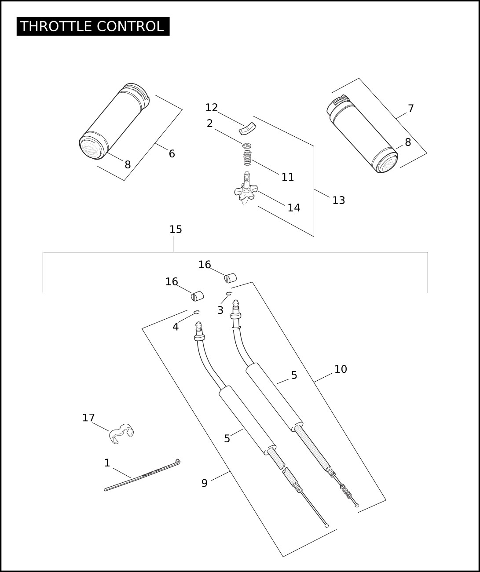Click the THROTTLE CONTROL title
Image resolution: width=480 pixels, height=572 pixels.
[93, 26]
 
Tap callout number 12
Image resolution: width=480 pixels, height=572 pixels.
[212, 108]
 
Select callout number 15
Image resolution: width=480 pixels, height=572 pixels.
[176, 230]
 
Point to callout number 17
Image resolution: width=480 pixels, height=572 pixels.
[88, 418]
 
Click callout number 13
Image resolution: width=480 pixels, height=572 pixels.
[338, 200]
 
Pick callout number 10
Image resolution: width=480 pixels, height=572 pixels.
[341, 369]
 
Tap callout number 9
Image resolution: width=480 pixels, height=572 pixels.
[204, 483]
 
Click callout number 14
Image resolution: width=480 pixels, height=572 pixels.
[293, 208]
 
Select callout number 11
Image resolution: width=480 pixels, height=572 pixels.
[287, 177]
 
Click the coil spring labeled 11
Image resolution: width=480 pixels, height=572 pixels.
[248, 157]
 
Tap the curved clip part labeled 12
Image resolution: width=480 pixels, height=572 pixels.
[248, 129]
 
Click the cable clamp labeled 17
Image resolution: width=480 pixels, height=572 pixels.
[121, 433]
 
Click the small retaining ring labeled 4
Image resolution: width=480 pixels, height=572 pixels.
[197, 312]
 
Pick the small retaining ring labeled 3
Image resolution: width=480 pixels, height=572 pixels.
[228, 293]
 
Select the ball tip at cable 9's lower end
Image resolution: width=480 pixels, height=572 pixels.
[326, 525]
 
